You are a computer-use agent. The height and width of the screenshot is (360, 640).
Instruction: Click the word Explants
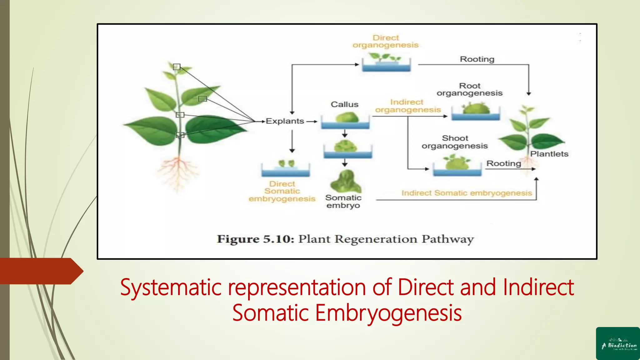[285, 121]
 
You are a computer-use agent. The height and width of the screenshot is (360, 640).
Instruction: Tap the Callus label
[344, 104]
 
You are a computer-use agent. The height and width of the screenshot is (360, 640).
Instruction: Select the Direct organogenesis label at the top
[386, 42]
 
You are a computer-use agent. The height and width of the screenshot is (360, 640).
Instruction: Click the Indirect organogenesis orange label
[407, 106]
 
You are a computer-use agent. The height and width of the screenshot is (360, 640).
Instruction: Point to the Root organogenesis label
[469, 89]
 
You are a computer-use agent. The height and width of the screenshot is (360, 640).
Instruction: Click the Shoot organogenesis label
[455, 142]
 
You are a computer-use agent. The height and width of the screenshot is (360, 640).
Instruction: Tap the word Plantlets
[549, 154]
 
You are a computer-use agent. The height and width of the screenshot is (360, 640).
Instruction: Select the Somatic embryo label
[343, 202]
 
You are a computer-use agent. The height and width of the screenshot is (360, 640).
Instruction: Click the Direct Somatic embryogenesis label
[282, 191]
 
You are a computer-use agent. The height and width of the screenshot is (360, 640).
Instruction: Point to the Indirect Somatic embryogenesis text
[467, 193]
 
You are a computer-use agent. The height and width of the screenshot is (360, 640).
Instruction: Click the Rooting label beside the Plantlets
[503, 163]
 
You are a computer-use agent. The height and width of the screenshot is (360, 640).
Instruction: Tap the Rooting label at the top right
[477, 59]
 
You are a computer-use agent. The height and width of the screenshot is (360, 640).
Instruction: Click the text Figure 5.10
[255, 239]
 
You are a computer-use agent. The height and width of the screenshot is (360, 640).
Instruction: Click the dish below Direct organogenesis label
[386, 64]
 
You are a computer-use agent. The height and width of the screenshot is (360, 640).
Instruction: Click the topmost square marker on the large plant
[177, 67]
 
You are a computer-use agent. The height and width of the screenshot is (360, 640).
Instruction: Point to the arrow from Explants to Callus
[312, 122]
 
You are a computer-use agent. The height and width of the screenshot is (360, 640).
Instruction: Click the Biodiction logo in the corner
[618, 343]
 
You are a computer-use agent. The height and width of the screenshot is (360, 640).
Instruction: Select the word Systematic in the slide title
[171, 287]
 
